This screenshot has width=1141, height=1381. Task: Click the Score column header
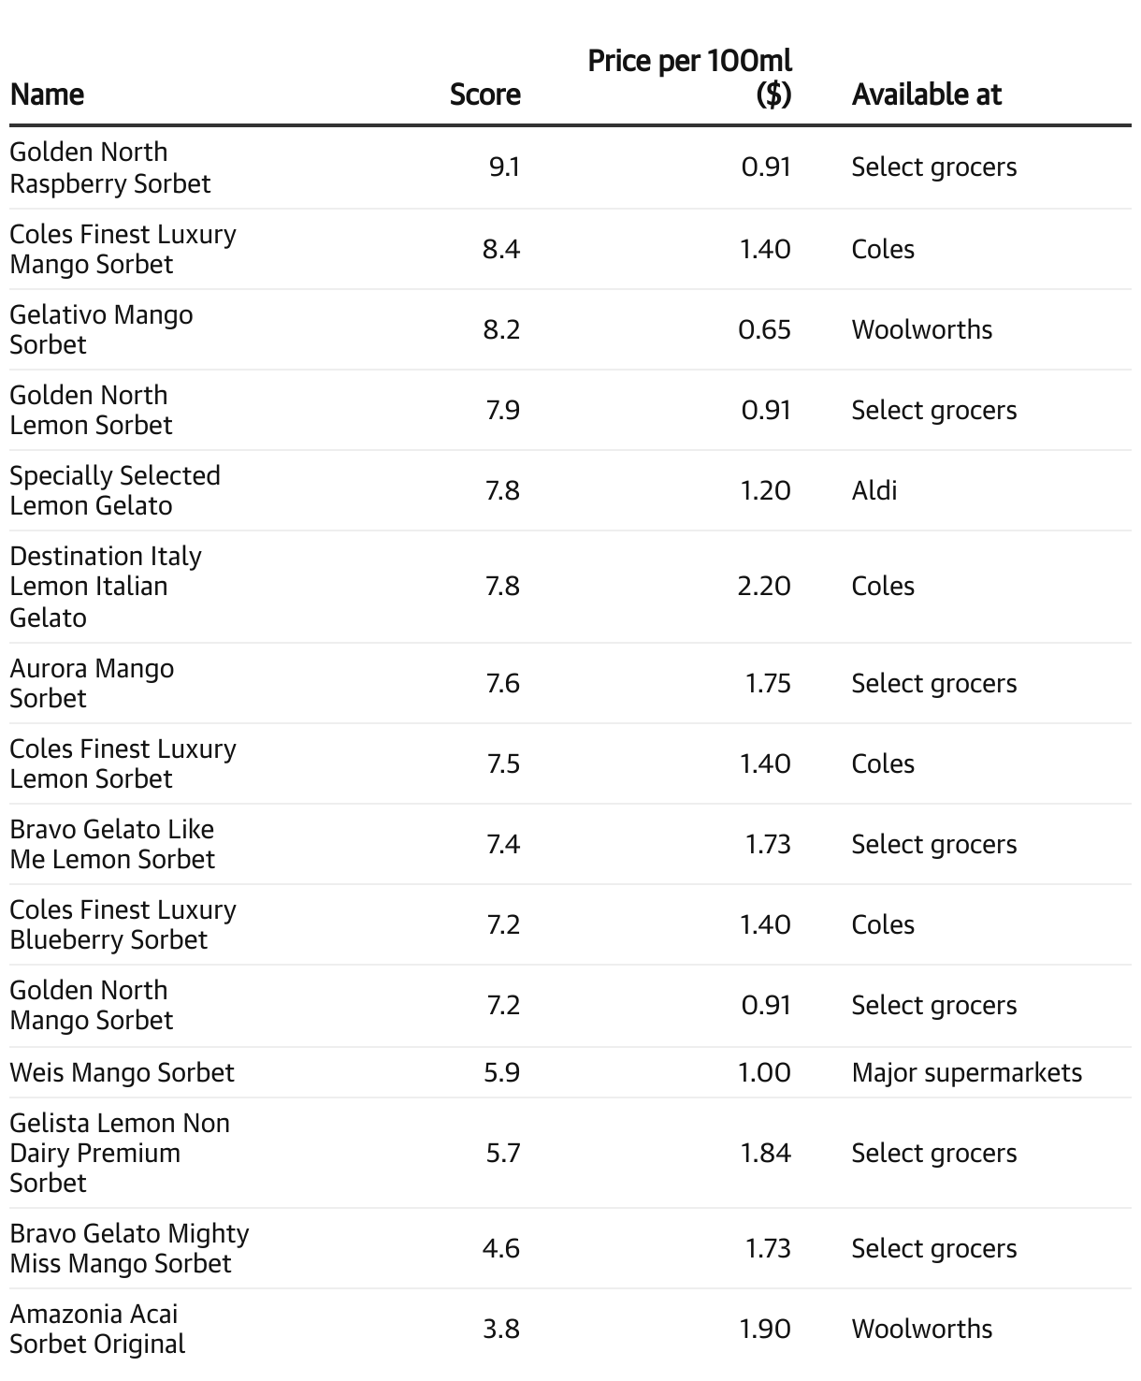[x=484, y=94]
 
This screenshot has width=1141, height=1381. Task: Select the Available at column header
[x=926, y=94]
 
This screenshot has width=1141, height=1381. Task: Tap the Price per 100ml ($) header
[x=689, y=78]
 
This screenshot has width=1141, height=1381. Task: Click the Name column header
[x=47, y=94]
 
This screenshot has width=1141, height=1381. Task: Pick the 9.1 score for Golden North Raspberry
[x=504, y=167]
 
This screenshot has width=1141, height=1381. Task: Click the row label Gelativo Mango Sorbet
[x=101, y=329]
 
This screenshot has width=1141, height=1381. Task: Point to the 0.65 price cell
[x=764, y=329]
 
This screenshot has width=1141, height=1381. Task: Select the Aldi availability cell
[x=874, y=490]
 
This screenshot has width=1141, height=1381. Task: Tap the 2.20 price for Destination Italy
[x=763, y=587]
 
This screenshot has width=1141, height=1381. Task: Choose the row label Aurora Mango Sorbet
[x=92, y=683]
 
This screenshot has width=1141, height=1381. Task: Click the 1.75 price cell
[x=767, y=683]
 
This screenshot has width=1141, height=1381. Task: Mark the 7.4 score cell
[x=502, y=844]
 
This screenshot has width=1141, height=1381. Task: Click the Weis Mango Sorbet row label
[x=122, y=1072]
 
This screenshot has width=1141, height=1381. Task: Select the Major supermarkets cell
[x=966, y=1072]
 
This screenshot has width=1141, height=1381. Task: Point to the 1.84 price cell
[x=765, y=1153]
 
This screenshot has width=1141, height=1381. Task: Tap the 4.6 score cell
[x=501, y=1248]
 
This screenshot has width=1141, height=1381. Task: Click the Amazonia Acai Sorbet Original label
[x=97, y=1329]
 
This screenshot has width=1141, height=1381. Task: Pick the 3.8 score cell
[x=501, y=1329]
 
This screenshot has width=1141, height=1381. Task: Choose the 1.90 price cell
[x=764, y=1329]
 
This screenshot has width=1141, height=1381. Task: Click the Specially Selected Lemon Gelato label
[x=114, y=490]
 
